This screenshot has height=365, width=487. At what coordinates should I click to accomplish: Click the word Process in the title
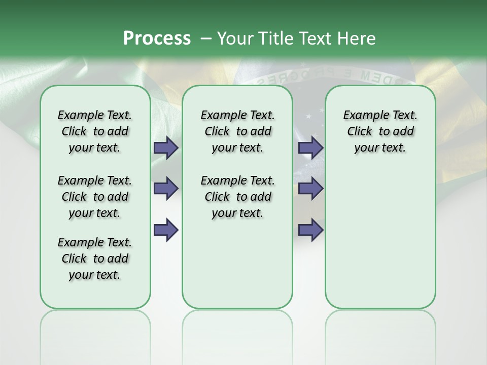157,39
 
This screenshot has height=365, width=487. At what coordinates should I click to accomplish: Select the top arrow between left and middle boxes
166,148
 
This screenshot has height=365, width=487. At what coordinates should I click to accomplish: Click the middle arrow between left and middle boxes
166,189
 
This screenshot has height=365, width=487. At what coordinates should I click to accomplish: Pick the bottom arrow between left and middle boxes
166,230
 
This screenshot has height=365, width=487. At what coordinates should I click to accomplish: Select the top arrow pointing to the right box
310,148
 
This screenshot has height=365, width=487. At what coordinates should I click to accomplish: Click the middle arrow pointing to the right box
310,189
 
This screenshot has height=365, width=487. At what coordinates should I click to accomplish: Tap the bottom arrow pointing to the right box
310,230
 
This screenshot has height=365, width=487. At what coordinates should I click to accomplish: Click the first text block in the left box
95,131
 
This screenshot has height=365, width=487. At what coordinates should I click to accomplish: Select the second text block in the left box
95,197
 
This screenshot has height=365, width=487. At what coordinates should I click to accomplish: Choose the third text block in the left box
95,259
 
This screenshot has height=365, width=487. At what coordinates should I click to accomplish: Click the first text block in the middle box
237,131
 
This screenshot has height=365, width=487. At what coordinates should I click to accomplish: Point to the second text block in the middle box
237,197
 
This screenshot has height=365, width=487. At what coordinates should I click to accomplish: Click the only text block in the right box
380,131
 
